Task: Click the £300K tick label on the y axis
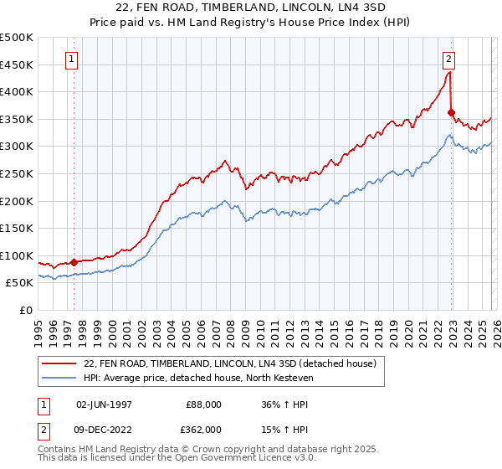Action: (17, 147)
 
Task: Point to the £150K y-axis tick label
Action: (17, 229)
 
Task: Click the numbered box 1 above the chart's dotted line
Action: (73, 59)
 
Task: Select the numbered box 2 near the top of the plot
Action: (449, 59)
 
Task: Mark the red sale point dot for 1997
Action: (74, 262)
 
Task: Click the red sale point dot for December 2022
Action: (451, 112)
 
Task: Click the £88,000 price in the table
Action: (203, 404)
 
